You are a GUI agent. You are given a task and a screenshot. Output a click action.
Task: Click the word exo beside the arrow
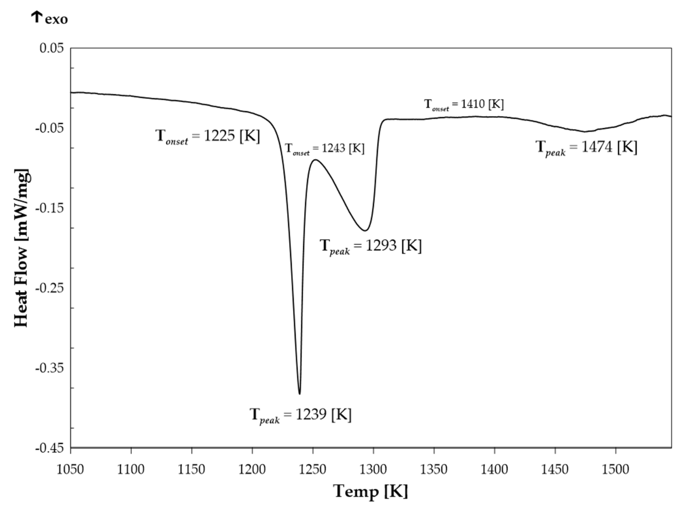(x=56, y=19)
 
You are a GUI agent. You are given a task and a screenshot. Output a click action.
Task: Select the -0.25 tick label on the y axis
(x=50, y=288)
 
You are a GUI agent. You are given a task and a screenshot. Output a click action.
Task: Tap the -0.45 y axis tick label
(x=50, y=448)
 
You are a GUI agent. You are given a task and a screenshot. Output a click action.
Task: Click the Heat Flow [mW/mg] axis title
(x=22, y=248)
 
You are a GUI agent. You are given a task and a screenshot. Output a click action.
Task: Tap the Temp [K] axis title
(x=371, y=491)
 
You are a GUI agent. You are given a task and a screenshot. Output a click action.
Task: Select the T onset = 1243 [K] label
(x=324, y=149)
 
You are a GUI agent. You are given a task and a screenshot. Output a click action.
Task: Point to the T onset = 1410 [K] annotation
(x=464, y=104)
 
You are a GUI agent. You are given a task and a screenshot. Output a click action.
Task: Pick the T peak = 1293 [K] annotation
(x=371, y=246)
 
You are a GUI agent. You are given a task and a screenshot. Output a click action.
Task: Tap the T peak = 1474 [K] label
(x=586, y=147)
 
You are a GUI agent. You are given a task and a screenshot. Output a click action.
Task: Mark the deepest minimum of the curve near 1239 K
(x=300, y=393)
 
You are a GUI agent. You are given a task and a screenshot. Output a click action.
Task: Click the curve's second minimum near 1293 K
(x=366, y=230)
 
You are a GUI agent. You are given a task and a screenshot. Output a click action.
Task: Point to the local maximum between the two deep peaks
(x=315, y=160)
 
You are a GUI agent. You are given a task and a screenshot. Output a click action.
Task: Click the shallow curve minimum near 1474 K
(x=585, y=132)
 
